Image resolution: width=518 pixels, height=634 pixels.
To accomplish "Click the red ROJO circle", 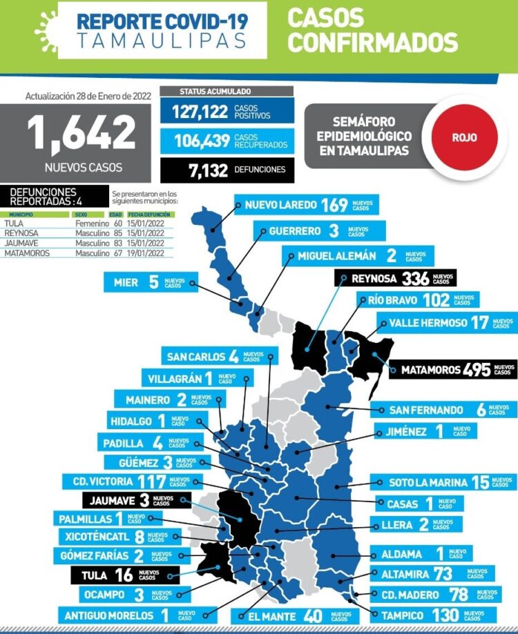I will coord(464,137).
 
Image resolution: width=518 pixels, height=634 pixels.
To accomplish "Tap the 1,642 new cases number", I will coord(82,133).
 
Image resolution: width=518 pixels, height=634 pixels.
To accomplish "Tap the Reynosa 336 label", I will coord(394,279).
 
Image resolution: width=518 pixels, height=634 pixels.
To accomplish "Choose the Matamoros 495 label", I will coord(452,370).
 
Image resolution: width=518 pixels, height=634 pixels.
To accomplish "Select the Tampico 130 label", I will coord(436,615).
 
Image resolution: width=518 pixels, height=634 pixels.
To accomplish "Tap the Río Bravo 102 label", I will coord(418,301).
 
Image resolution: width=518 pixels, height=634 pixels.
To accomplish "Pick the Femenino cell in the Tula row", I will coord(93,224).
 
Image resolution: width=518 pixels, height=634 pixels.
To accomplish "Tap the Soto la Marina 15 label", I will coord(443,483).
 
